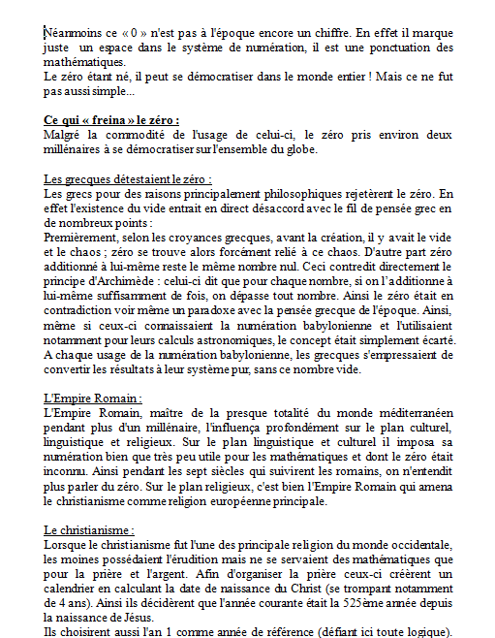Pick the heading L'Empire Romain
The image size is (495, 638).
(x=93, y=398)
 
